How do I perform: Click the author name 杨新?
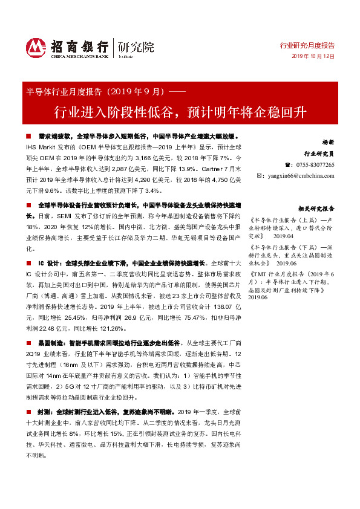pos(328,141)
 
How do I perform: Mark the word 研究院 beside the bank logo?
pos(136,46)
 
